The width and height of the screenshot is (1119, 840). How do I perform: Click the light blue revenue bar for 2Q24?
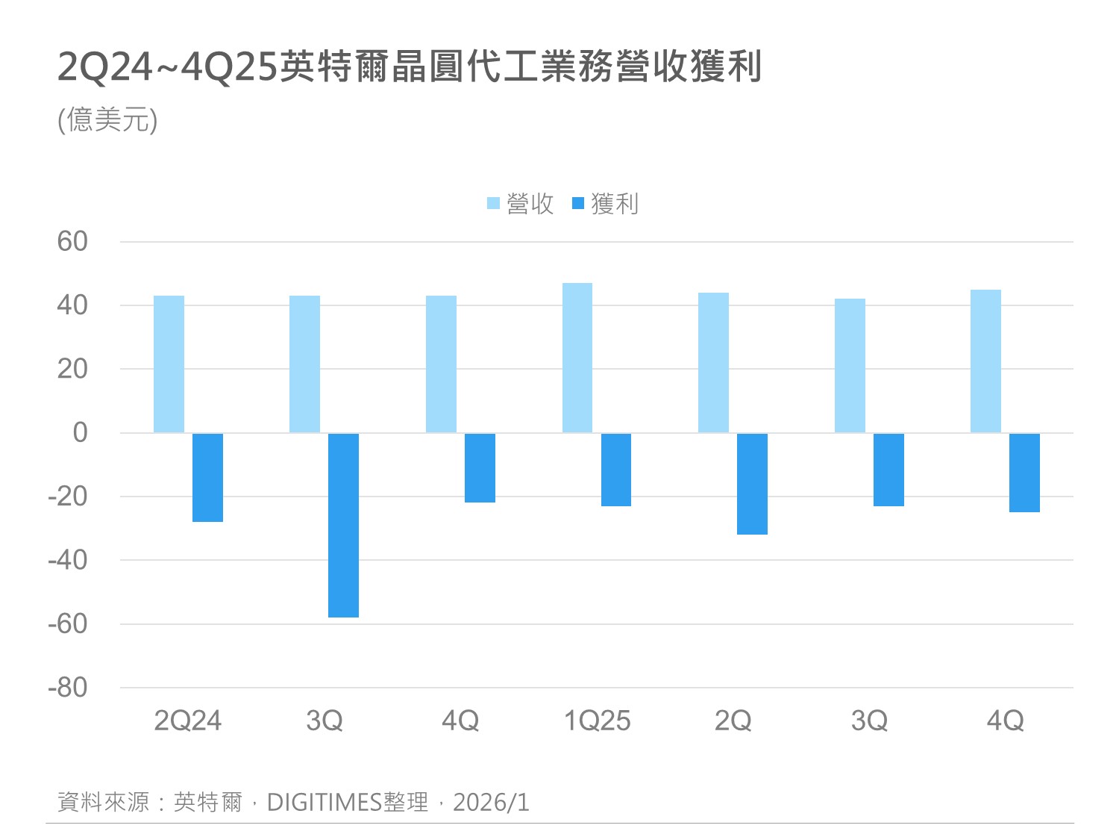[x=169, y=364]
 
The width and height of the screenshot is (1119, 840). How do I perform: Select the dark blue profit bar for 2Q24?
[x=207, y=478]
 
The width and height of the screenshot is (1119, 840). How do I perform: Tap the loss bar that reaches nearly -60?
[x=343, y=526]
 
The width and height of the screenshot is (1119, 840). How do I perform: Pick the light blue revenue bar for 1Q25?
[x=577, y=358]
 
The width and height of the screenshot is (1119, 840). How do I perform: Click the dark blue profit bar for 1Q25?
[x=616, y=470]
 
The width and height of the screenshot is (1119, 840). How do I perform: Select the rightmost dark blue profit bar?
[x=1024, y=473]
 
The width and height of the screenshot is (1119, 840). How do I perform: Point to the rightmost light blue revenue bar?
[x=985, y=361]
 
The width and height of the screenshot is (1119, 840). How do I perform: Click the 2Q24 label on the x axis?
[x=188, y=721]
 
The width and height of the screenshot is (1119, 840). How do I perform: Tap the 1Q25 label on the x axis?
[x=597, y=721]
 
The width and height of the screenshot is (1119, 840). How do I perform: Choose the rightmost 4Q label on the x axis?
[x=1005, y=721]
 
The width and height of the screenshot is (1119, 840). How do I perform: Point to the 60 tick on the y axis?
[x=72, y=242]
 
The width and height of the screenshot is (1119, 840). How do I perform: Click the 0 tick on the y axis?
[x=80, y=432]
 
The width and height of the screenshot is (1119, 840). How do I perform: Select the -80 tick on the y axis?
[x=68, y=688]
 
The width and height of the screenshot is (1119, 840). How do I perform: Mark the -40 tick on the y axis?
[x=68, y=560]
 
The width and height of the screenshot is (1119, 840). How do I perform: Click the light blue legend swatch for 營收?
[x=493, y=203]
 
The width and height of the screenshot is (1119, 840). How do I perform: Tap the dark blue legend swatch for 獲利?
[x=578, y=203]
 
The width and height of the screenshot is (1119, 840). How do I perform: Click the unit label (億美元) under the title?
[x=107, y=119]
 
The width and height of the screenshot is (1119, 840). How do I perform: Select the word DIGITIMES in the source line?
[x=325, y=803]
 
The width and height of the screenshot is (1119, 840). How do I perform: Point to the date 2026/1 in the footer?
[x=491, y=803]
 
